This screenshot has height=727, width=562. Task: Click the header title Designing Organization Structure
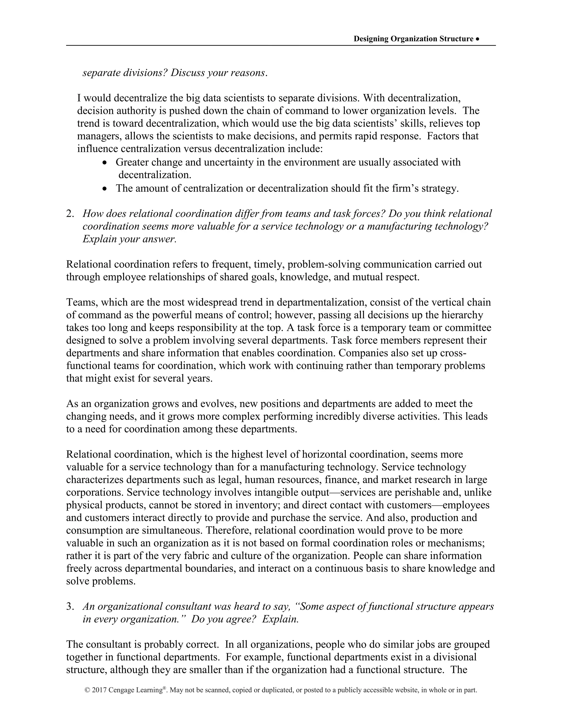point(413,39)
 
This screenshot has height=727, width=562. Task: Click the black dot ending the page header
point(478,39)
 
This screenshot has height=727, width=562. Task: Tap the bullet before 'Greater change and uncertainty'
point(105,163)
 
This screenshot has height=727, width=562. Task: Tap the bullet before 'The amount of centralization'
point(105,189)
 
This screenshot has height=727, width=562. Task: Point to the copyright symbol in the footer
point(88,690)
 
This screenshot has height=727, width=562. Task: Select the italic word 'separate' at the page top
point(101,73)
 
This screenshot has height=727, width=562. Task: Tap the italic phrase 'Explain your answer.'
point(129,239)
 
